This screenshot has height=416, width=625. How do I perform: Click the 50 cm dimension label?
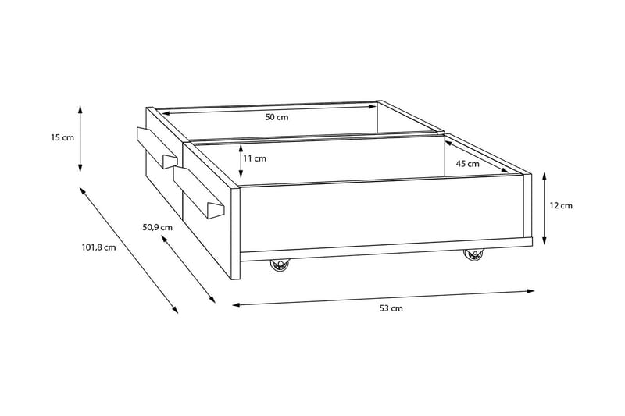point(277,118)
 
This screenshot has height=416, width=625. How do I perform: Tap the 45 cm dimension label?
point(467,164)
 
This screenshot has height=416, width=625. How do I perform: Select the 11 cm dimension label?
point(255,158)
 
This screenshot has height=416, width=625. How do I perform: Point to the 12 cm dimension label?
point(561,206)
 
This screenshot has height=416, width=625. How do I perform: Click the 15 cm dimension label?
point(62,137)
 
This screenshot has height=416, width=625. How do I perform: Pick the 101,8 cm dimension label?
point(98,247)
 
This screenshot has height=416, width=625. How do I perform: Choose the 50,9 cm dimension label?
point(156,227)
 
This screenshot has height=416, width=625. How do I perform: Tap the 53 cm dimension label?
point(391,308)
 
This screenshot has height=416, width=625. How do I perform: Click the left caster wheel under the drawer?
point(279,267)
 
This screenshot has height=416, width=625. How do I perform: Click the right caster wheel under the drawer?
point(473,255)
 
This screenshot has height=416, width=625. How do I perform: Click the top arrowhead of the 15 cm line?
point(81,105)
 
